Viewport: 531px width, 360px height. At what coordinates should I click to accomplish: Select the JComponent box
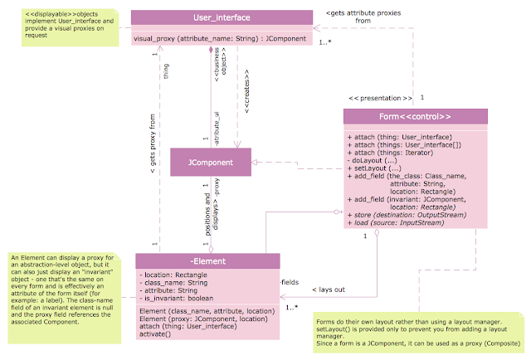209,162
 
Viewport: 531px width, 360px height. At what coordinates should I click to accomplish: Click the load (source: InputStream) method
395,222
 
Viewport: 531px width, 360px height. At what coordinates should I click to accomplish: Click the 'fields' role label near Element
290,282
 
